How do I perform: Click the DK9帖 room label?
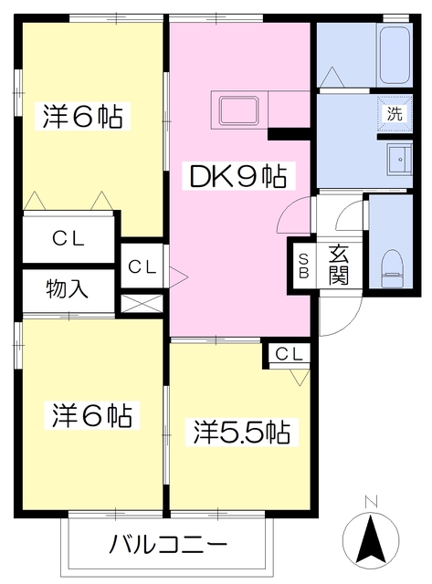pos(238,176)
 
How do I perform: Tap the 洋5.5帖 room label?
pos(241,432)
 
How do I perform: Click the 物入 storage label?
pos(67,289)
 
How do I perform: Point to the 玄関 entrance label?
pos(338,265)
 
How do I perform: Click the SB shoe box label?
pos(304,266)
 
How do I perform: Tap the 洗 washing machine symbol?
pos(395,113)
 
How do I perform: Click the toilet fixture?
pos(392,268)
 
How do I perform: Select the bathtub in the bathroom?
pos(395,55)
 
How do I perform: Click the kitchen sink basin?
pos(239,110)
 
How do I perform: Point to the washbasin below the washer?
pos(399,159)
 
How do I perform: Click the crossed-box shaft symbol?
pos(142,304)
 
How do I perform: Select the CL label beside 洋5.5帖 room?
pos(289,354)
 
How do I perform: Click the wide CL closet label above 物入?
pos(68,239)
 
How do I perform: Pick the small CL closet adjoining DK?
pos(142,266)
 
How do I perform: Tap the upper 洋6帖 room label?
pos(82,116)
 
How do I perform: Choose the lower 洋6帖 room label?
pos(91,415)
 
